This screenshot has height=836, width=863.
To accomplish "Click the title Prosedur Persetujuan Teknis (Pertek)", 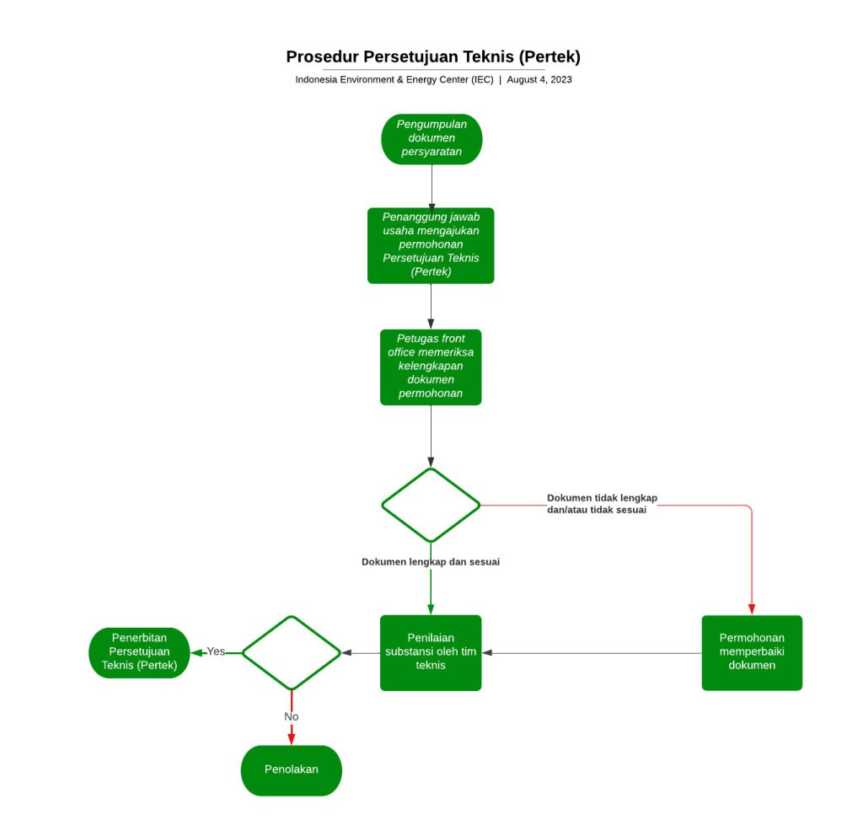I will tap(433, 56).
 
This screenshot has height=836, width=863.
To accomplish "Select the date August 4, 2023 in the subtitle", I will tap(539, 80).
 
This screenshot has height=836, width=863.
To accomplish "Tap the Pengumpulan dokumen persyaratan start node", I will tap(431, 138).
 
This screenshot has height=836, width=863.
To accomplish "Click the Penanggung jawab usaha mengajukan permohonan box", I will tap(431, 245).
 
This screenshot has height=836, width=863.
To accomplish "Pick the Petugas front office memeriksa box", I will tap(431, 367).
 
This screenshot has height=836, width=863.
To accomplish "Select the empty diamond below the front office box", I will tap(431, 505).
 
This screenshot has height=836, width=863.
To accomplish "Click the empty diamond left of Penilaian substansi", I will tap(292, 653).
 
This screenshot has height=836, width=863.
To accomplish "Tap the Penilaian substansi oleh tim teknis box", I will tap(431, 653).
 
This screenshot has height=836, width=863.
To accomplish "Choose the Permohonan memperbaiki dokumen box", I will tap(752, 653).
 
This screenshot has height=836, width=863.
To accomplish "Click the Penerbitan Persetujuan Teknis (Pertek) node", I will tap(139, 653).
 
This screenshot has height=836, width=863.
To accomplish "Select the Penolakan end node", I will tap(292, 769).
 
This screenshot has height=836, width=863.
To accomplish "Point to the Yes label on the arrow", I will tap(217, 651).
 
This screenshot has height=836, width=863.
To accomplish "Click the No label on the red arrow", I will tap(292, 716).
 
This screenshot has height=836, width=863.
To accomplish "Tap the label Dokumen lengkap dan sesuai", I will tap(431, 562).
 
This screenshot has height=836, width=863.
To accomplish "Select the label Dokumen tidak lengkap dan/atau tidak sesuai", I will tap(602, 504).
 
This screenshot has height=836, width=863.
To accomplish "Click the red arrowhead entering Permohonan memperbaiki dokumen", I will tap(752, 609).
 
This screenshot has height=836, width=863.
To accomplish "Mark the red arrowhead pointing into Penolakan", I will tap(292, 739).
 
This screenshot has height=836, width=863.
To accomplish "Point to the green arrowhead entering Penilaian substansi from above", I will tap(431, 608).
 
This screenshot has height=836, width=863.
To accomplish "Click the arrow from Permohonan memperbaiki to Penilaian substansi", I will tap(590, 653).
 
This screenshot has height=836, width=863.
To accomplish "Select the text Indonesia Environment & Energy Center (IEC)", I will tap(394, 80).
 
